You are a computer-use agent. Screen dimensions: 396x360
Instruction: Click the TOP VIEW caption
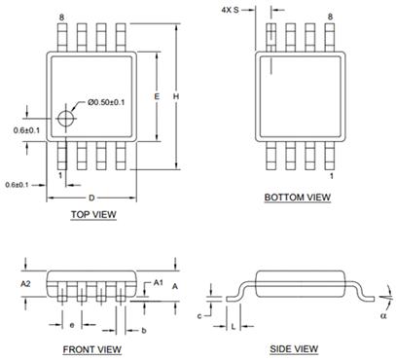click(93, 214)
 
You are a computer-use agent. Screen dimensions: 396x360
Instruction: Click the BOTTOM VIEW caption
click(298, 198)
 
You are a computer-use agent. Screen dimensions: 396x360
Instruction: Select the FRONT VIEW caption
click(92, 349)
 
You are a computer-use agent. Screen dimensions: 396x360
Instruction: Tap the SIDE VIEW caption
click(294, 349)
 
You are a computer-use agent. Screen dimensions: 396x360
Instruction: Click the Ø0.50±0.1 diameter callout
click(106, 102)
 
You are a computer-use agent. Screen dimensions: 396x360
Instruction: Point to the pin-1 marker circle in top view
click(66, 118)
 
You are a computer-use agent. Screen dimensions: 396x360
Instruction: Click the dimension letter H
click(176, 96)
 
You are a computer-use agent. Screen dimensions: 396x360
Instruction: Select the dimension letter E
click(157, 96)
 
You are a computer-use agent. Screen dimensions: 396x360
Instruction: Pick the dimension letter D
click(91, 198)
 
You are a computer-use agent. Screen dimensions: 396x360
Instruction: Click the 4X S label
click(230, 10)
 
